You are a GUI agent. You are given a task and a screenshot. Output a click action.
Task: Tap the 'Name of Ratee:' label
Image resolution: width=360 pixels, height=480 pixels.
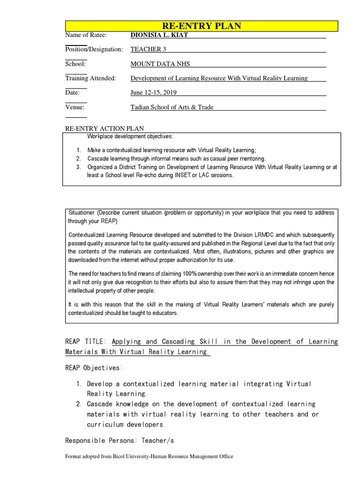[x=86, y=35]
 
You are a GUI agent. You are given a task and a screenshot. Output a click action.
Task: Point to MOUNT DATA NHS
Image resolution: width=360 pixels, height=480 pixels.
[x=160, y=64]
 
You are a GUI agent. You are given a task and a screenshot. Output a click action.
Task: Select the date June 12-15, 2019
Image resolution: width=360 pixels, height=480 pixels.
[x=153, y=93]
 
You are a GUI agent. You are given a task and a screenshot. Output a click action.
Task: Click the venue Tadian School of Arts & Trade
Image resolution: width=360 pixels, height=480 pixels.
[x=172, y=107]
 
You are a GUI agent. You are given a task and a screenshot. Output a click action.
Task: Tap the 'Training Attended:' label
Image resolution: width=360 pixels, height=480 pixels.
[x=90, y=78]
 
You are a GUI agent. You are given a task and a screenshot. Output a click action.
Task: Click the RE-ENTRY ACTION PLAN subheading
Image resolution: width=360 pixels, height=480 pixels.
[x=105, y=128]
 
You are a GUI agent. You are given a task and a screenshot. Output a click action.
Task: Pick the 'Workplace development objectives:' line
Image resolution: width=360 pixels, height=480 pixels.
[x=130, y=136]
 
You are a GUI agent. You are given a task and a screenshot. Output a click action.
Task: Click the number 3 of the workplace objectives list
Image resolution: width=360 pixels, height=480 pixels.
[x=78, y=167]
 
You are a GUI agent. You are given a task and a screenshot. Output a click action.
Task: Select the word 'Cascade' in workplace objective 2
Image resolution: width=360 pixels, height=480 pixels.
[x=98, y=158]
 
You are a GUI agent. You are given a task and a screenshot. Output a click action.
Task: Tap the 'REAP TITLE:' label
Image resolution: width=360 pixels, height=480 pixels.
[x=86, y=342]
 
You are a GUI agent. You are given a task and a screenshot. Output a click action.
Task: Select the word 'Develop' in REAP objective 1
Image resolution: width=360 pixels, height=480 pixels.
[x=100, y=384]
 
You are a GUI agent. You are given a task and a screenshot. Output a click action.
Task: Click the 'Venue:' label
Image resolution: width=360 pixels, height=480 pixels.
[x=75, y=107]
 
